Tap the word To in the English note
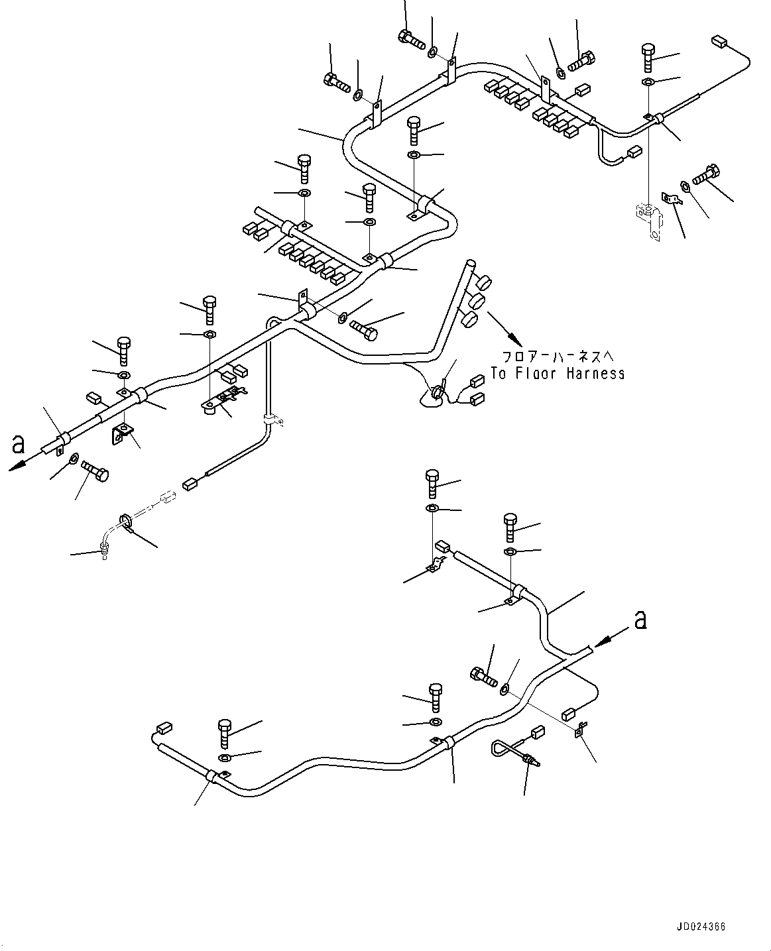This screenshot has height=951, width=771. click(499, 374)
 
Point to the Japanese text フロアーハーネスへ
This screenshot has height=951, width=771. click(558, 356)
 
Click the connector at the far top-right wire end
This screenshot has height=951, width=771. click(719, 42)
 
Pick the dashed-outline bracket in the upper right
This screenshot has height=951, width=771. click(646, 218)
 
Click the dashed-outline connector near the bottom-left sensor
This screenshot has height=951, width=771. click(166, 496)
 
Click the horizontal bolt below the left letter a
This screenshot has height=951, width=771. click(96, 473)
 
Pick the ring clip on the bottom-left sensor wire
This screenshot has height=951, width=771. click(124, 521)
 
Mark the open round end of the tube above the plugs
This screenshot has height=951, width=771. click(471, 263)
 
